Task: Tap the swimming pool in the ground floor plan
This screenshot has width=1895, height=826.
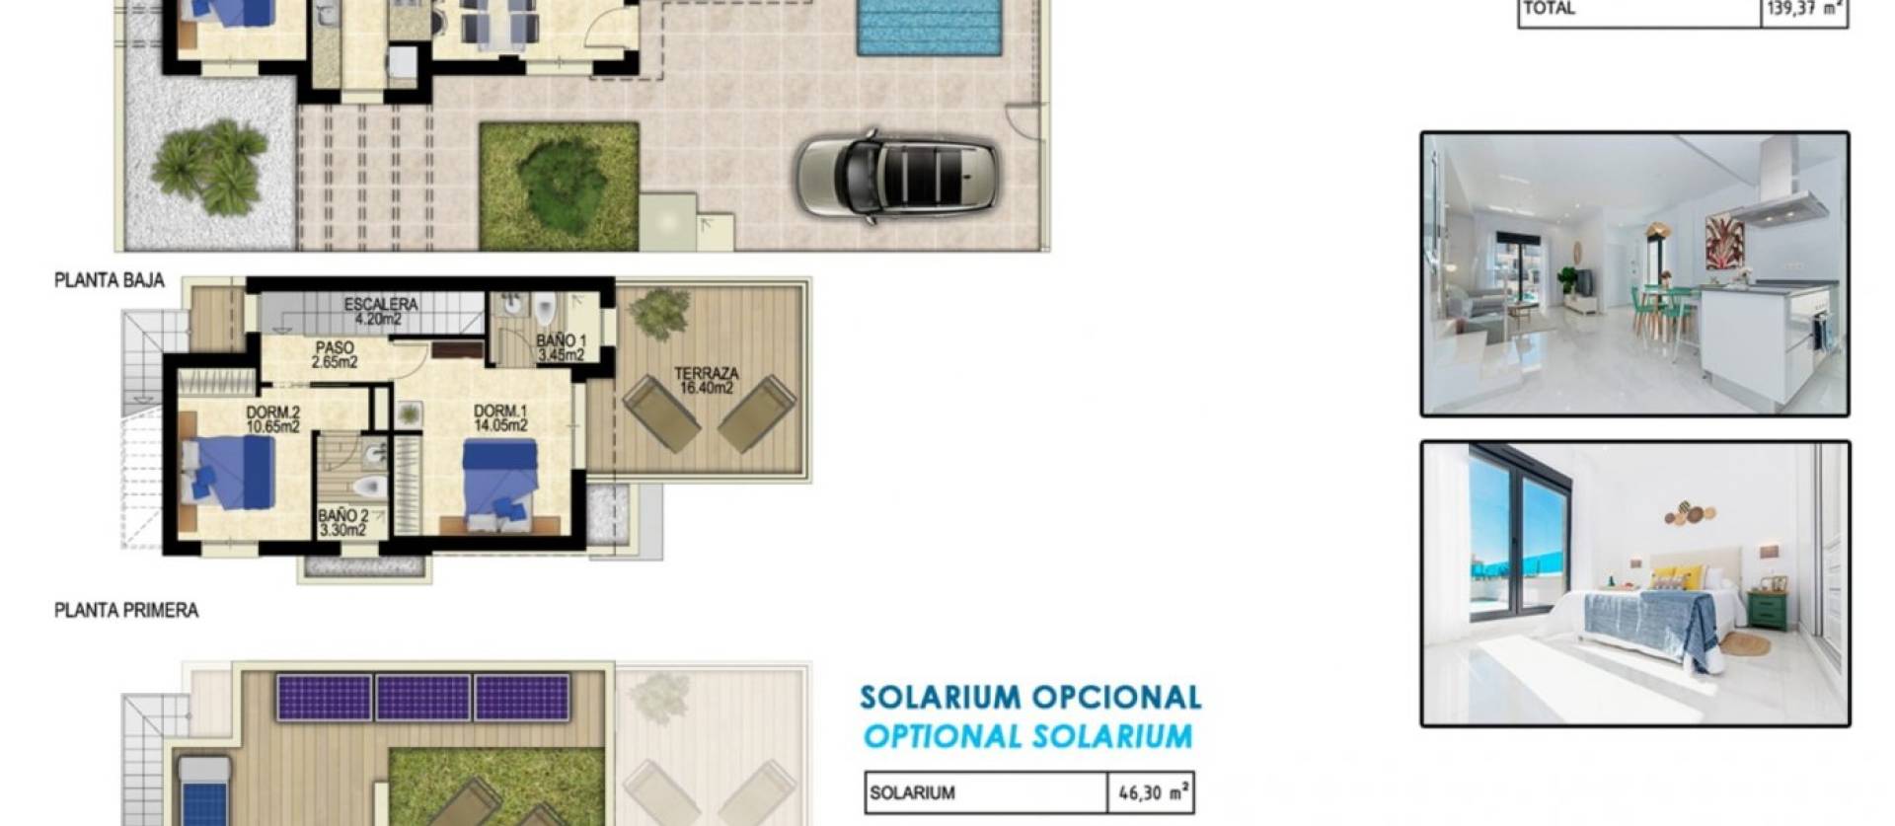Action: point(932,26)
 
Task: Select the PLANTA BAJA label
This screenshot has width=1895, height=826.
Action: point(109,281)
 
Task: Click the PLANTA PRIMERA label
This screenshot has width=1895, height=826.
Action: point(126,611)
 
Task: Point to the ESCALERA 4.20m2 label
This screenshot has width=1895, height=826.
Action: point(381,311)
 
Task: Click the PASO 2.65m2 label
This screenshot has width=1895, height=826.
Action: point(335,354)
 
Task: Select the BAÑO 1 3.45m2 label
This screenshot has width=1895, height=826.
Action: point(561,347)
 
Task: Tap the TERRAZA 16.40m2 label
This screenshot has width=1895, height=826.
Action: point(707,380)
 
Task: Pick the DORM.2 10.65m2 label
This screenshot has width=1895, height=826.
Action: point(273,419)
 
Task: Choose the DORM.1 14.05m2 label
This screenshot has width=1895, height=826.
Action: point(500,418)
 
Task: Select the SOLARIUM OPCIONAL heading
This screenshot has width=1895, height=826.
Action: point(1030,698)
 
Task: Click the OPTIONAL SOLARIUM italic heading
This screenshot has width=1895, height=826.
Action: point(1027,736)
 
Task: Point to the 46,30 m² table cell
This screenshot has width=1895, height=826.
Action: point(1151,792)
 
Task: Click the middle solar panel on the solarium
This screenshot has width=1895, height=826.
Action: point(422,698)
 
